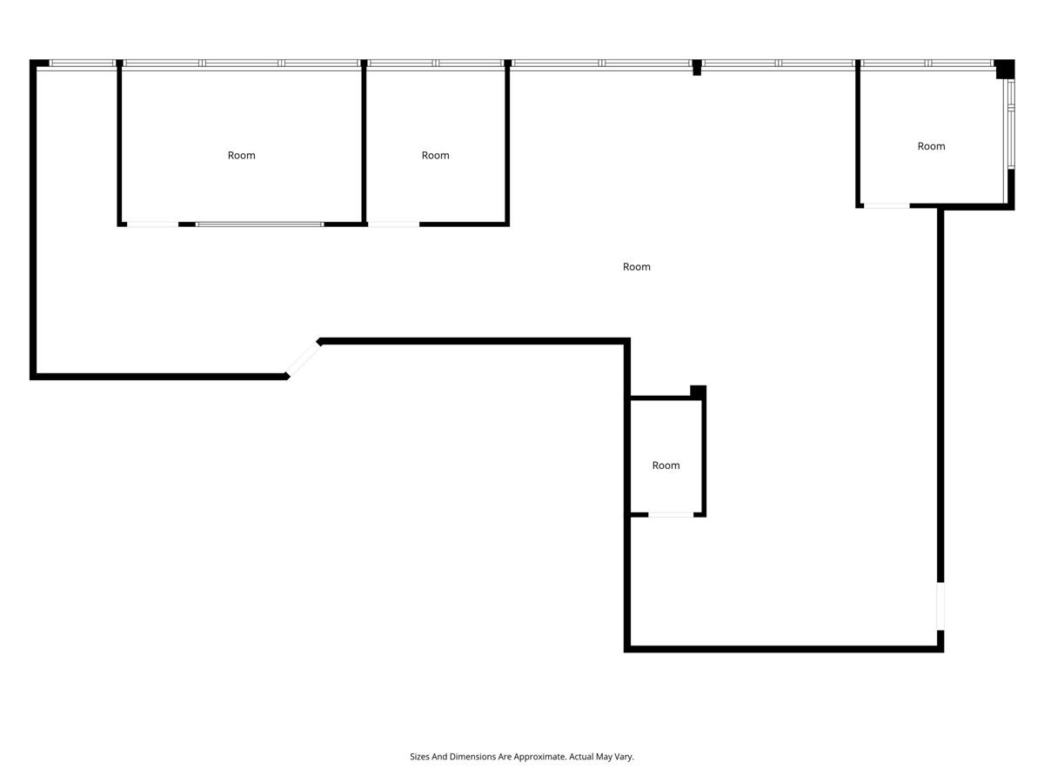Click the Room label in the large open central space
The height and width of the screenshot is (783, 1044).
coord(636,267)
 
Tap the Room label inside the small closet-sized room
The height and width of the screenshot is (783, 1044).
coord(666,465)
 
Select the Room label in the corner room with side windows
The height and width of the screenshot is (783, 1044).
coord(931,146)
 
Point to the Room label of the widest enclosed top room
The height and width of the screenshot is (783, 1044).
coord(241,156)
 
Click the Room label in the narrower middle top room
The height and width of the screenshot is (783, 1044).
coord(435,156)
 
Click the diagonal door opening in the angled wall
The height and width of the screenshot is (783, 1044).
coord(303,359)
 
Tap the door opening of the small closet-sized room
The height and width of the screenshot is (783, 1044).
coord(671,515)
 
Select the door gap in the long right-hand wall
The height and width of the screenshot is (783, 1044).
coord(940,606)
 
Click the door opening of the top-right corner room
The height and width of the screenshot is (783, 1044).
coord(887,206)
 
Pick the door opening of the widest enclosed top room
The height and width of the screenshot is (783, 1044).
coord(152,224)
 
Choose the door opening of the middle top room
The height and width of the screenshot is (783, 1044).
coord(393,224)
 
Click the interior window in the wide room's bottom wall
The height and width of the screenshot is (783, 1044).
coord(259,224)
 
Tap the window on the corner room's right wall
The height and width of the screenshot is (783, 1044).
coord(1010,124)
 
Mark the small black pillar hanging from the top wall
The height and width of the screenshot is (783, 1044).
coord(696,68)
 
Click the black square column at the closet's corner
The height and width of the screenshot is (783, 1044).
coord(698,392)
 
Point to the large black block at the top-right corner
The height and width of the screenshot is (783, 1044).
coord(1005,69)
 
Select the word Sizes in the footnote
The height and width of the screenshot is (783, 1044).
coord(419,756)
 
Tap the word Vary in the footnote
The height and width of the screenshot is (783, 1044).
coord(625,757)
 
